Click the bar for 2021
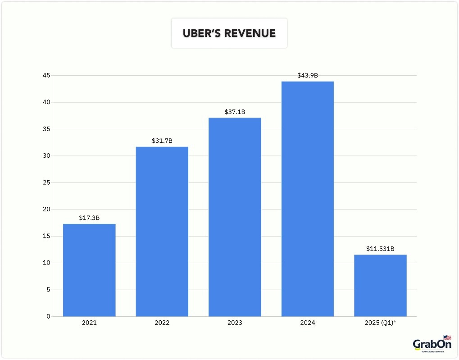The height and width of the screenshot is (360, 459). click(89, 270)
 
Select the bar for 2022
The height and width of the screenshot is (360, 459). click(162, 232)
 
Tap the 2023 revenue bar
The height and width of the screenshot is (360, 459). click(235, 217)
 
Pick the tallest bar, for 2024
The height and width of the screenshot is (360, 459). click(308, 199)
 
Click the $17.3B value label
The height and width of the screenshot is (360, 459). click(89, 218)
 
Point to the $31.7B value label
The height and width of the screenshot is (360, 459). click(162, 141)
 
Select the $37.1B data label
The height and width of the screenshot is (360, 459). click(235, 112)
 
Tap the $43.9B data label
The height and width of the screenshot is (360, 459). click(308, 76)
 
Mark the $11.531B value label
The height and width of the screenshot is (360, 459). click(380, 249)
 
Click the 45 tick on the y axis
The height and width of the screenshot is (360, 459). click(46, 76)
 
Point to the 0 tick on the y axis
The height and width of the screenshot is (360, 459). click(48, 316)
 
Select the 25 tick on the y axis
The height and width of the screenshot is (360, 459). click(46, 182)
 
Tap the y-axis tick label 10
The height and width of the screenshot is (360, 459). click(46, 263)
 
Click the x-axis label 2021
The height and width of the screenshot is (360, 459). click(89, 323)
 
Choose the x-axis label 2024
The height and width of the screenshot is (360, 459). click(308, 323)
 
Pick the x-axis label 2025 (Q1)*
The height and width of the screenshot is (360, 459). click(380, 323)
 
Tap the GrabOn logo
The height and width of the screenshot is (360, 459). click(432, 345)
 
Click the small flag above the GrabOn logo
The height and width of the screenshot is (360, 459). click(447, 337)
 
